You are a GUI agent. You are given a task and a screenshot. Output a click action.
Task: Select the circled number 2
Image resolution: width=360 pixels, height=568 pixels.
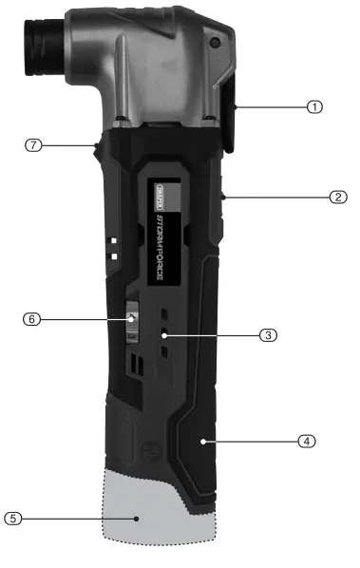(337, 198)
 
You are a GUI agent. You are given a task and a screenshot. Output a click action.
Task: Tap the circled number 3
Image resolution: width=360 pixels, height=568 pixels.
(269, 334)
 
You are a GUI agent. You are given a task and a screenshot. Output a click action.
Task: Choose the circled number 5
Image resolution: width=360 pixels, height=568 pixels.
(12, 519)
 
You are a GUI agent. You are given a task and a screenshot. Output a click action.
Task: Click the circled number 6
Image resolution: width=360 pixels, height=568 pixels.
(29, 320)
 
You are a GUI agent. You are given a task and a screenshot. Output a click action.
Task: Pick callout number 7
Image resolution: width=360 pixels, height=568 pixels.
(33, 145)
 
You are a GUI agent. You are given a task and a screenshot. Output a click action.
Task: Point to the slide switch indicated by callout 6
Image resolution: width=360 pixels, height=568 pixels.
(133, 323)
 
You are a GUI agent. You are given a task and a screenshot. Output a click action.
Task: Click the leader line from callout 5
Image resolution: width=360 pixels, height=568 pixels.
(76, 519)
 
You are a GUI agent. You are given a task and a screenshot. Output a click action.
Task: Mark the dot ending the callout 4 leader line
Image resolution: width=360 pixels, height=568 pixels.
(204, 441)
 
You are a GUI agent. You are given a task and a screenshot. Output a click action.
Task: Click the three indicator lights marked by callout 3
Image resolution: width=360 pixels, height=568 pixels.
(165, 333)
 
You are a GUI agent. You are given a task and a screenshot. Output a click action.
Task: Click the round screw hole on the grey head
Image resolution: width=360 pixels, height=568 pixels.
(214, 43)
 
